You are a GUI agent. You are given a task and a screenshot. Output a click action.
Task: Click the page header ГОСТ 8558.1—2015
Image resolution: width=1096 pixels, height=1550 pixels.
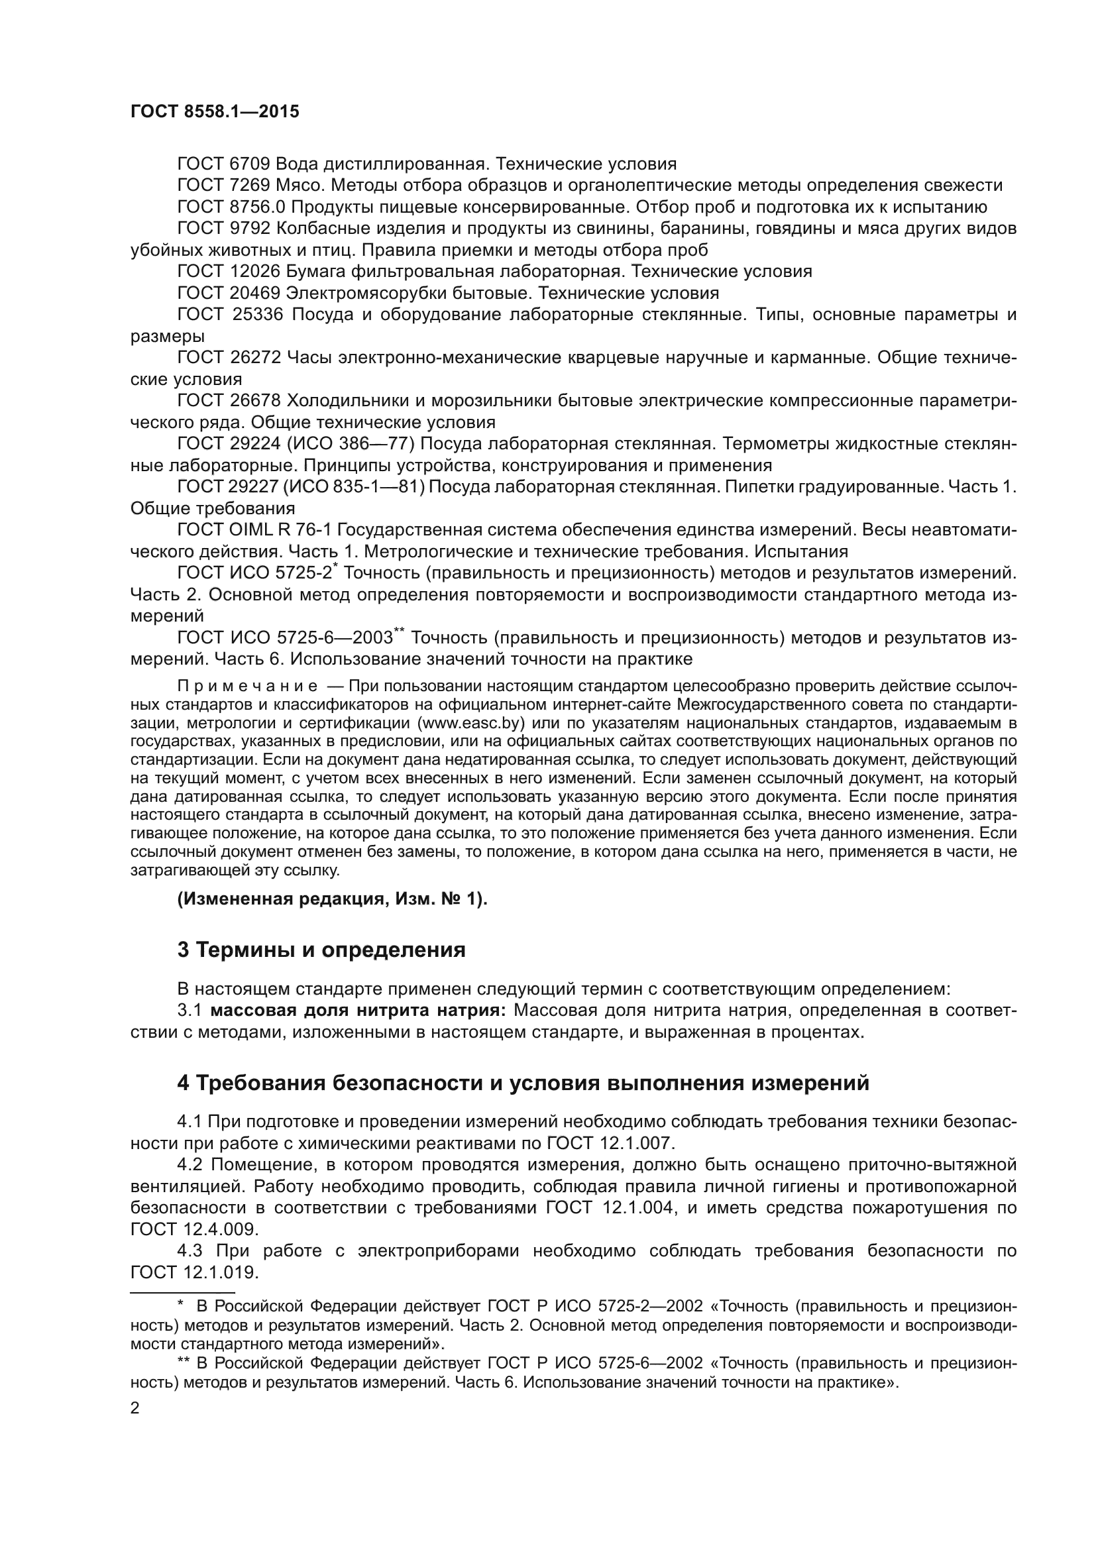coord(215,112)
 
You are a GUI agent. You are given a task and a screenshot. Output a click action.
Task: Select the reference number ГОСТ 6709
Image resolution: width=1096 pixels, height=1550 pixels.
coord(223,164)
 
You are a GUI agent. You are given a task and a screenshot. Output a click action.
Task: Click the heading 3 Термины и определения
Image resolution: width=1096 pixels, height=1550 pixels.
coord(321,950)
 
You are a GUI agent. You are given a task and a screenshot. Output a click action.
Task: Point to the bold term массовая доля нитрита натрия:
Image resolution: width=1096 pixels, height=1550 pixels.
coord(358,1011)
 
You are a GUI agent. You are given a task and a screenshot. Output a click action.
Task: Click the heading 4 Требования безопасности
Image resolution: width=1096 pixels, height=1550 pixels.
coord(523,1083)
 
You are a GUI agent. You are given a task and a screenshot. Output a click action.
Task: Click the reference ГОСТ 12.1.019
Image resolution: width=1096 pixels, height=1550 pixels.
coord(194,1272)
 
